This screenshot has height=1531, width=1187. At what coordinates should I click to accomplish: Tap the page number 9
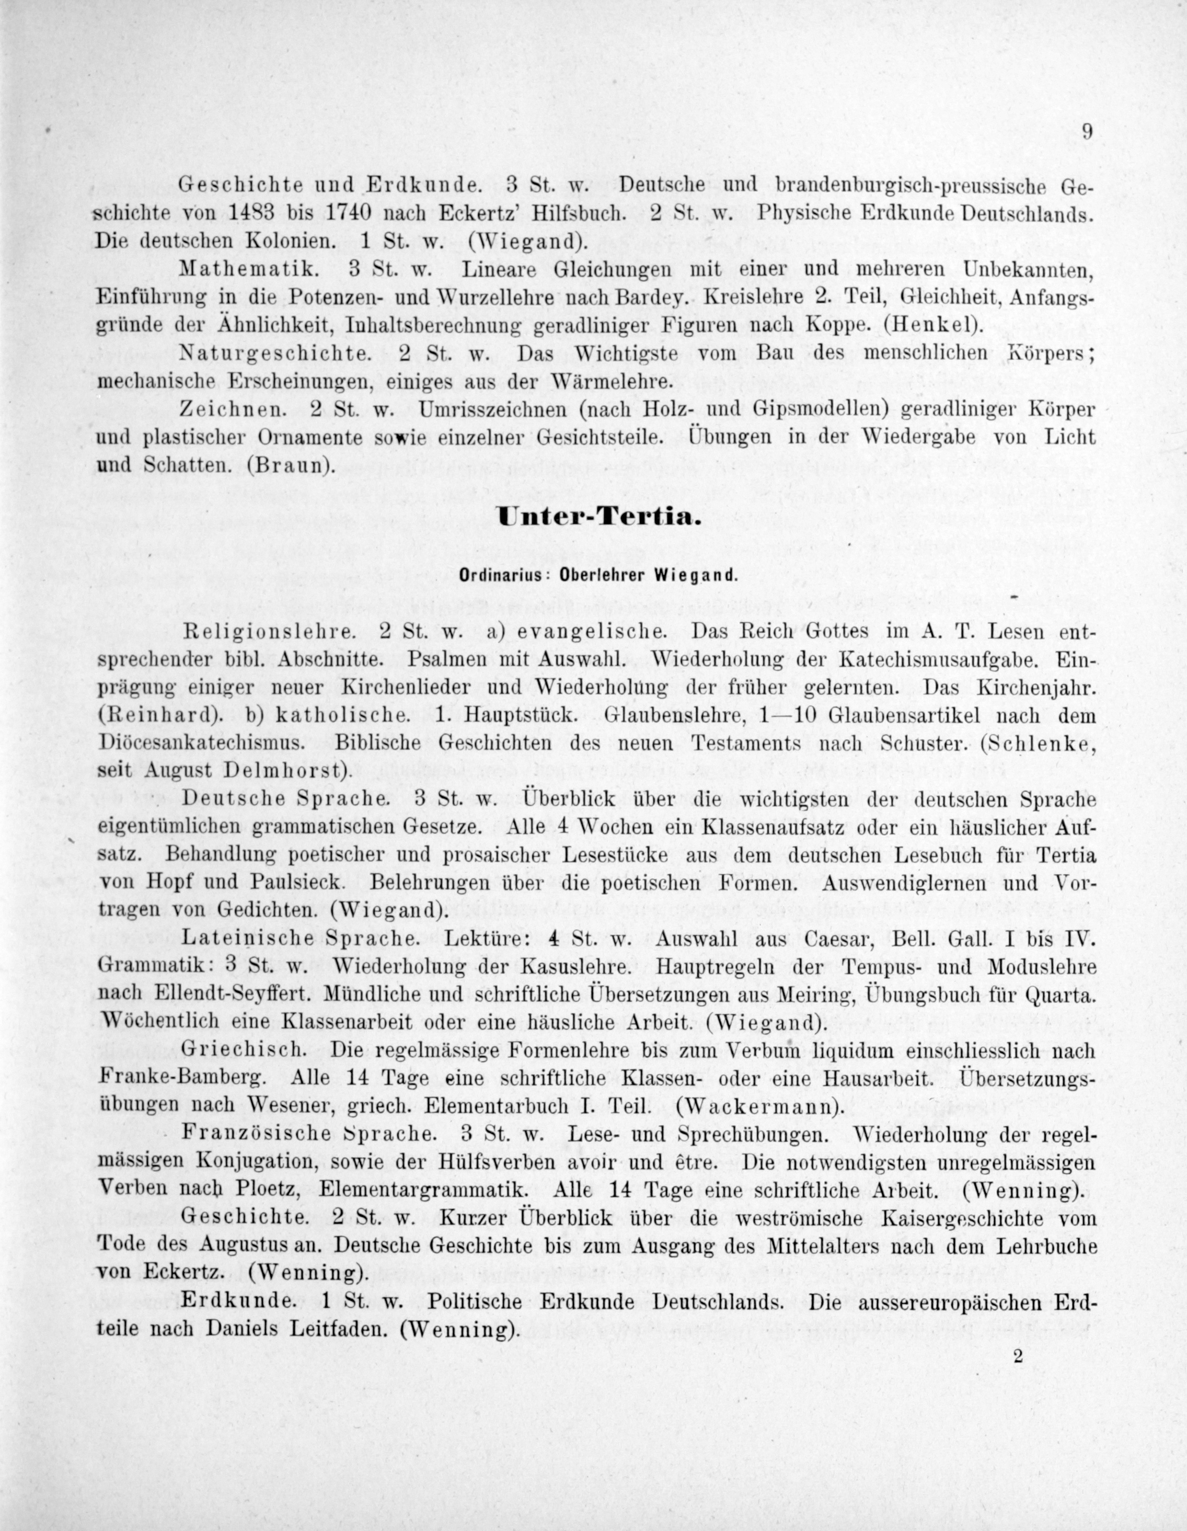[x=1086, y=132]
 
